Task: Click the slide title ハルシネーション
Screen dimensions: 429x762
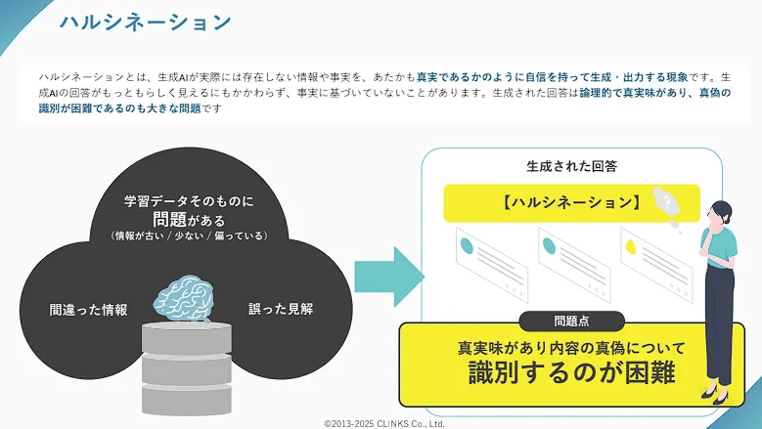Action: pos(145,21)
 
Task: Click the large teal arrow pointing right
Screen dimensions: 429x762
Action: pos(387,277)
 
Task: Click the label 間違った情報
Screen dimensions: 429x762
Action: pos(88,310)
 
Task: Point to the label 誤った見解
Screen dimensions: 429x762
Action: pos(281,309)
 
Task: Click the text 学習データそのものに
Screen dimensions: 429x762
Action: pos(189,201)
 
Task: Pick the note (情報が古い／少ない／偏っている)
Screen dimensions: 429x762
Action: pos(189,236)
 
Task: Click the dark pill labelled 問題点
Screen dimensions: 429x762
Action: pos(571,321)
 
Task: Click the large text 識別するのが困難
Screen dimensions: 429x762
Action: pos(572,372)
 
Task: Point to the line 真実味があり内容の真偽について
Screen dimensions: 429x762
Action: pos(572,348)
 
